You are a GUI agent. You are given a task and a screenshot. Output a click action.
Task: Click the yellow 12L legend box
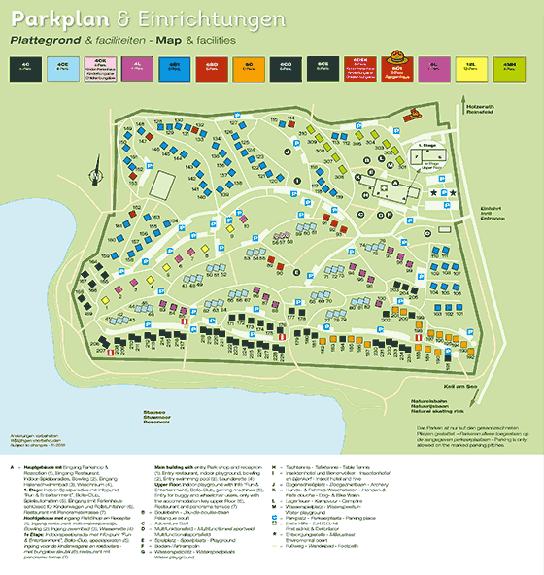pos(470,68)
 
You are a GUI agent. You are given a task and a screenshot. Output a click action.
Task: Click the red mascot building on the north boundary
pos(419,110)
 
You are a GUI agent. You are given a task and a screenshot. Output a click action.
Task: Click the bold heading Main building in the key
pos(175,466)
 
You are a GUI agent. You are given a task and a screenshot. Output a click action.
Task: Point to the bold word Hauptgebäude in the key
pos(44,466)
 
